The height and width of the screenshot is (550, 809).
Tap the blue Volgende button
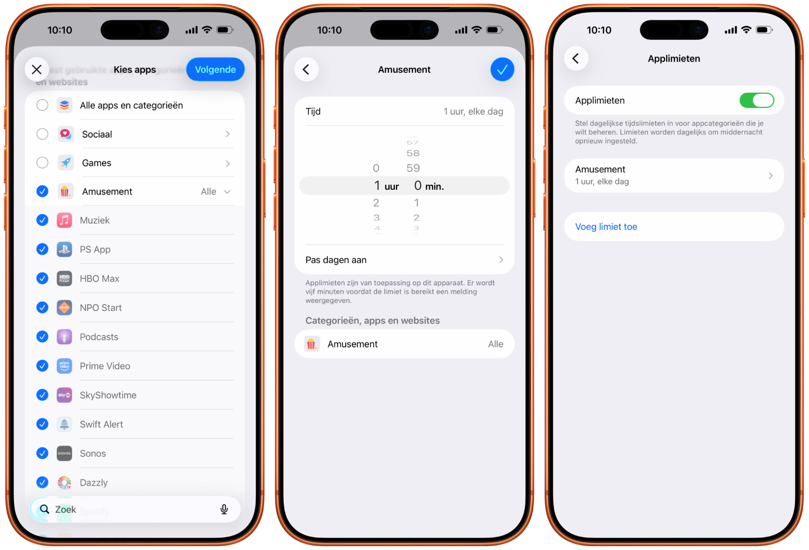click(215, 70)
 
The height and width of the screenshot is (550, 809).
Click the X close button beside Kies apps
click(37, 70)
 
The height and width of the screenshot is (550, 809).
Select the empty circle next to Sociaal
click(42, 134)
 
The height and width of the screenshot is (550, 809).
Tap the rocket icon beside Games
click(65, 163)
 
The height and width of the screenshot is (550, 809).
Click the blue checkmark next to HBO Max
click(42, 278)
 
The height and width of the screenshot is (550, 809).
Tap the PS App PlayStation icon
click(64, 249)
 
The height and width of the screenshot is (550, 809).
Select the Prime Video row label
click(105, 366)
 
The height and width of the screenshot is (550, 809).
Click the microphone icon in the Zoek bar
click(224, 510)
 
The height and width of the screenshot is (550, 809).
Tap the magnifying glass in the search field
click(45, 510)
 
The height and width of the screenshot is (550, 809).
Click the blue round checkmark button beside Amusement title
click(502, 70)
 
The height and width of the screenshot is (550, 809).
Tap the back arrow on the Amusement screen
click(306, 70)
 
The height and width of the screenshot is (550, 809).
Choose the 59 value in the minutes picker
click(413, 168)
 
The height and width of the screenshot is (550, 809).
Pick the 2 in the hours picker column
click(376, 203)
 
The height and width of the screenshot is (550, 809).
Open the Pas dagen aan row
click(404, 260)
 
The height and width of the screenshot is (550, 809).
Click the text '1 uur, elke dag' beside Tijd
click(473, 112)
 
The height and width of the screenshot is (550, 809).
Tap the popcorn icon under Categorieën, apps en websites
click(311, 344)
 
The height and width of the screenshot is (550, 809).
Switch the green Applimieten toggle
click(756, 100)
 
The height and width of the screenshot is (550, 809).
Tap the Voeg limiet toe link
click(606, 227)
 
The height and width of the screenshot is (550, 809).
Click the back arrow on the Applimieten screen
click(576, 58)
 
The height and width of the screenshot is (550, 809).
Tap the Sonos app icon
click(64, 453)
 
